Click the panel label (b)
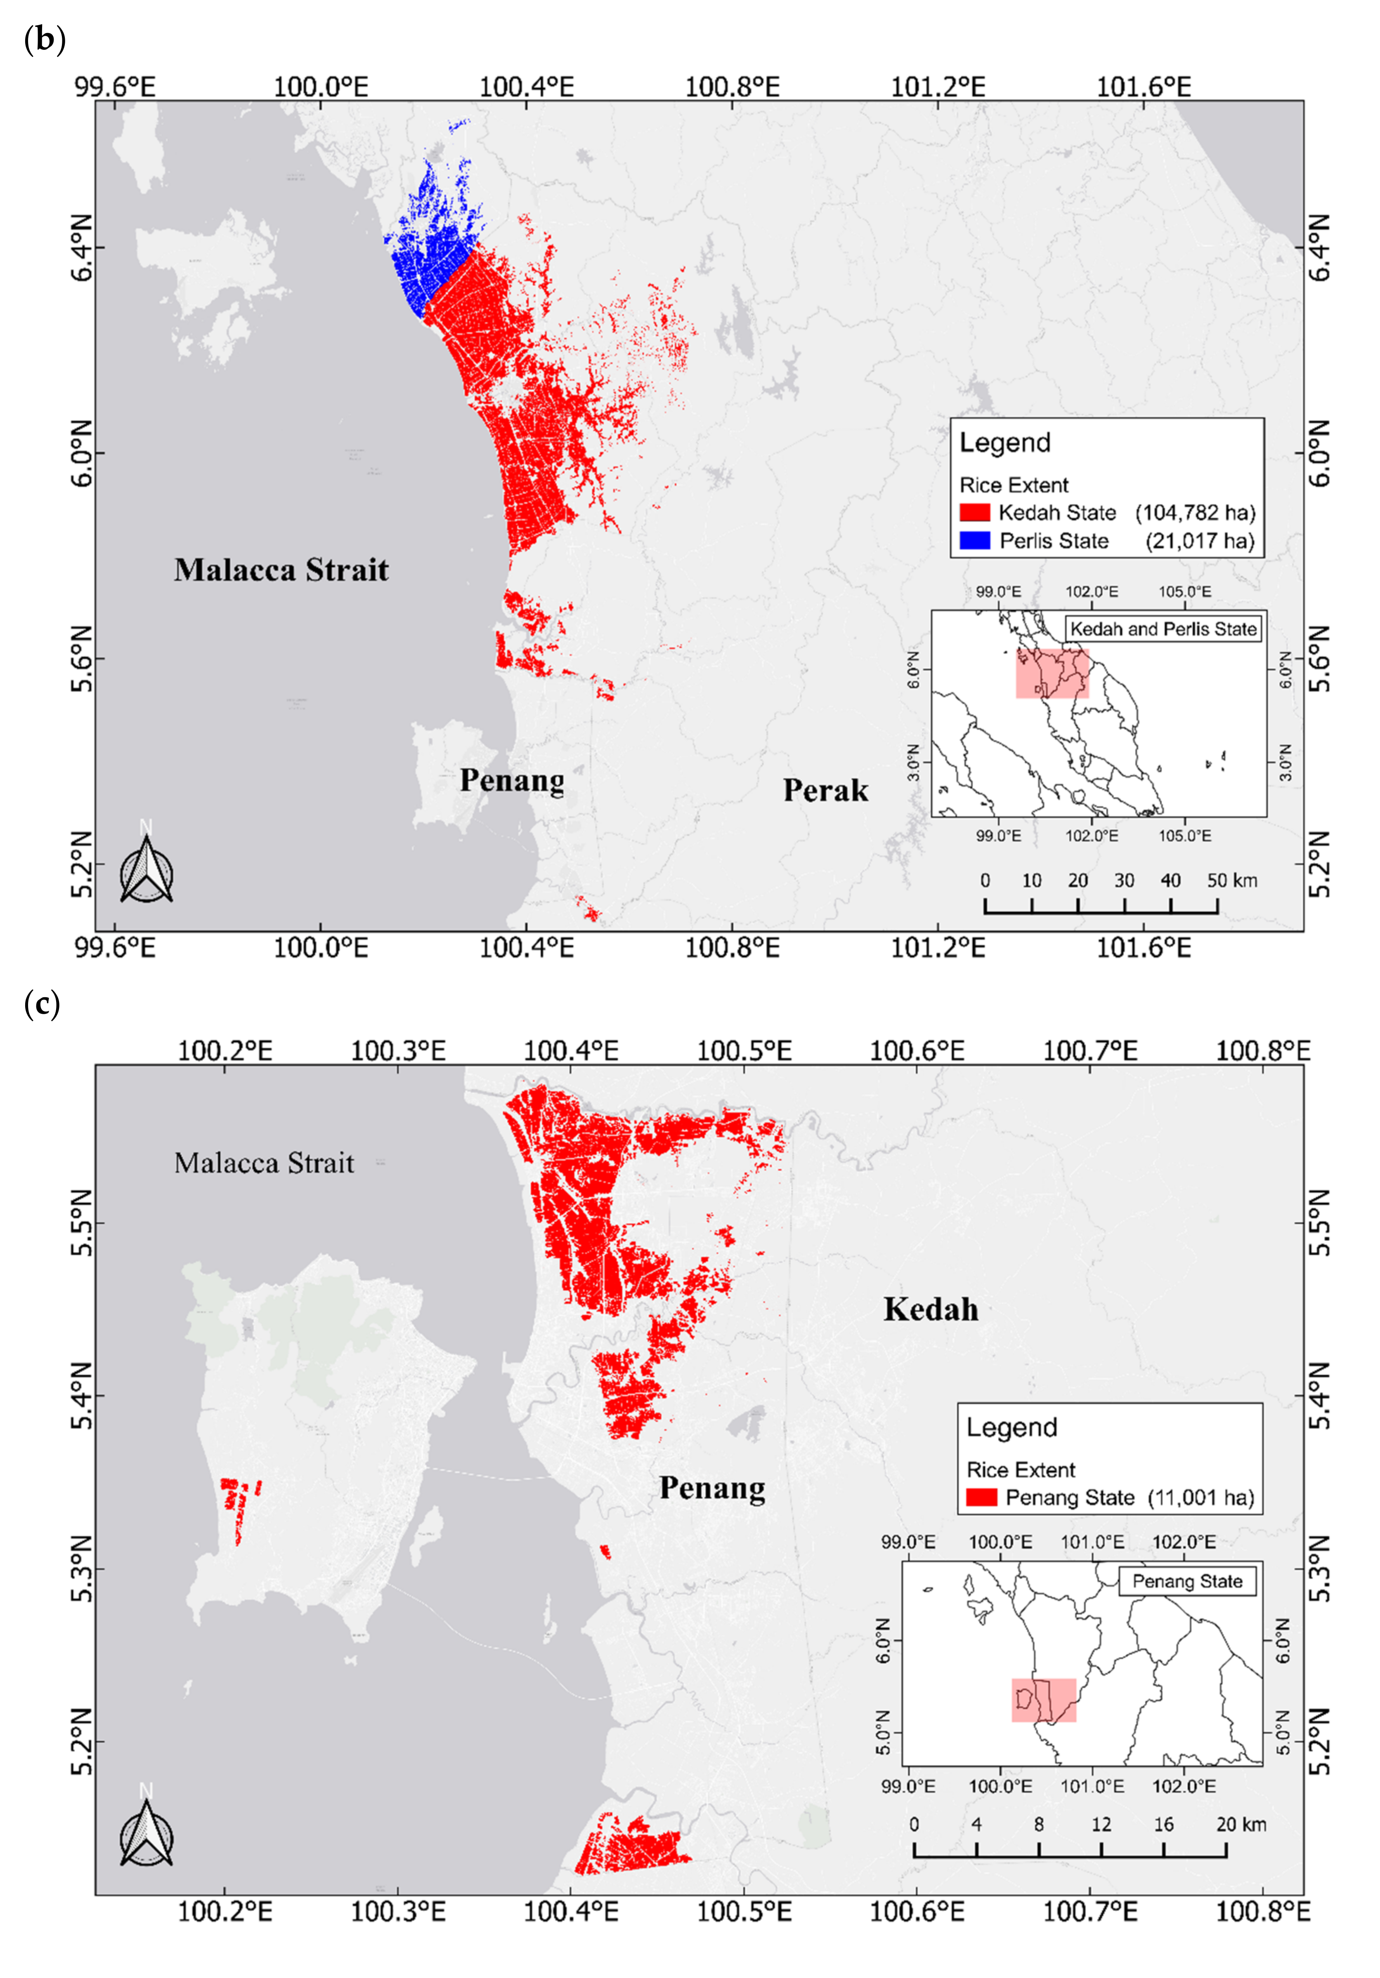45,40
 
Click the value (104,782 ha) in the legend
1195,513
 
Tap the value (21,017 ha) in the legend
1199,541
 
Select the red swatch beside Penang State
981,1497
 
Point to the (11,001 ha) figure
1201,1497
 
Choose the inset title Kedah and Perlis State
1163,629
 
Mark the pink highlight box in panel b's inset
1052,673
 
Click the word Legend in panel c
1011,1427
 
